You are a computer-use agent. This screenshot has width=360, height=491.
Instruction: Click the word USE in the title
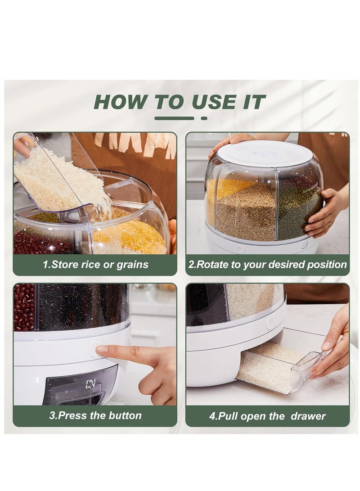coord(217,102)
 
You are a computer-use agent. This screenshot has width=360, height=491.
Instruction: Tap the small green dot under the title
coord(204,118)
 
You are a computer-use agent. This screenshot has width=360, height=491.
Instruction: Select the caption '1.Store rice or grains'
coord(95,265)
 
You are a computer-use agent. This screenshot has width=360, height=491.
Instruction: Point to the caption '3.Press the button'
coord(95,415)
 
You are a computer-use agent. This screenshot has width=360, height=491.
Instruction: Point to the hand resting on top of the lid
coord(229,142)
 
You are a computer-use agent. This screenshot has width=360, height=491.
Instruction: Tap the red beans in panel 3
coord(24,306)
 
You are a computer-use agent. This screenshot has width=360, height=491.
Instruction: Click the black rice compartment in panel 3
coord(81,306)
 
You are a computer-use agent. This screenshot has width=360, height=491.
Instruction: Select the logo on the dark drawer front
coord(91,384)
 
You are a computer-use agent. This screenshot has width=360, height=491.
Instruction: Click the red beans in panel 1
coord(40,243)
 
